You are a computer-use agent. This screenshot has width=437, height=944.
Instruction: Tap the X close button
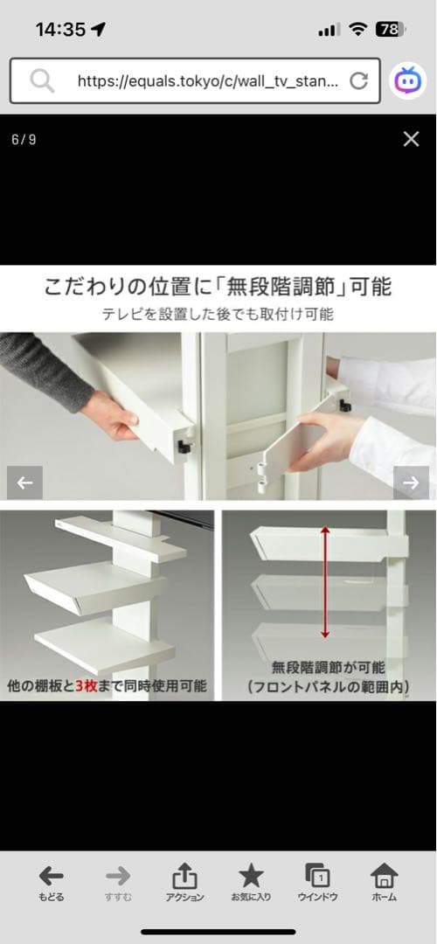pyautogui.click(x=411, y=139)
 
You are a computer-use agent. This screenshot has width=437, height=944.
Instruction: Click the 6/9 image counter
pyautogui.click(x=24, y=139)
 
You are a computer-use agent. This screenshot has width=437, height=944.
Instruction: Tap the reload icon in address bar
pyautogui.click(x=358, y=81)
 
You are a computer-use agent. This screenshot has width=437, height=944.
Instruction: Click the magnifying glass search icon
pyautogui.click(x=42, y=81)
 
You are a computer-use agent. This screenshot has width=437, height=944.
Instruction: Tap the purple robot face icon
pyautogui.click(x=408, y=81)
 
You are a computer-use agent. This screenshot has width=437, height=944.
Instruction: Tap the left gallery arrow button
pyautogui.click(x=24, y=482)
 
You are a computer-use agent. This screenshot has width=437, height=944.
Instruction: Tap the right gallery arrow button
pyautogui.click(x=411, y=482)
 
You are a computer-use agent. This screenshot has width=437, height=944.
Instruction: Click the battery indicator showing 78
pyautogui.click(x=389, y=30)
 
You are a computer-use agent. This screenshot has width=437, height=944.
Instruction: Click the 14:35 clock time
pyautogui.click(x=60, y=30)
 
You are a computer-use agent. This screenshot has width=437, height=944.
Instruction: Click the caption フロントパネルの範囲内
pyautogui.click(x=328, y=687)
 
